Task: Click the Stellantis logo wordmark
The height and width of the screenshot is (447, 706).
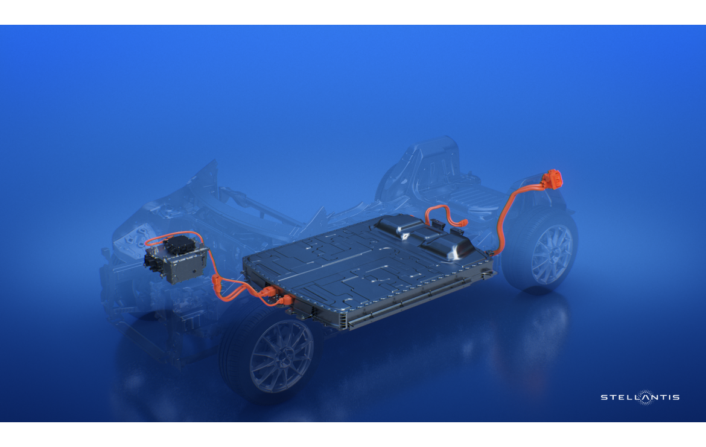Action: click(x=640, y=397)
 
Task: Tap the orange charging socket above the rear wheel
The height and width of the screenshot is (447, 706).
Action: click(x=553, y=179)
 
